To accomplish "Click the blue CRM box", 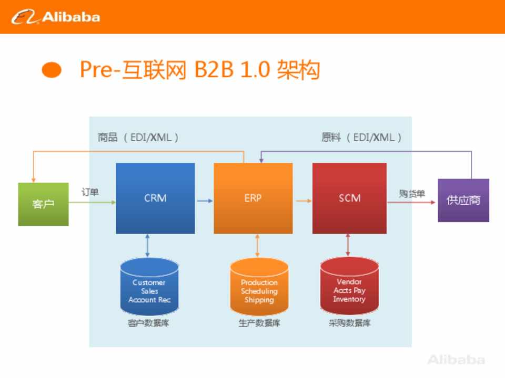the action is (155, 198).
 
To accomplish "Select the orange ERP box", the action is (253, 198).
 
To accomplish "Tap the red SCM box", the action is (349, 198).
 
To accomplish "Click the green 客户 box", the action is (43, 204).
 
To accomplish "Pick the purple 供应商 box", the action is (463, 200).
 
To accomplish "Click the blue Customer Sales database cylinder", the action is (149, 287).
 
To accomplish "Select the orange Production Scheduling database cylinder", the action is (259, 287).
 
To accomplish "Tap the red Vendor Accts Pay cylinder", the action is (349, 286).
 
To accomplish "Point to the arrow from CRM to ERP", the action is (205, 201).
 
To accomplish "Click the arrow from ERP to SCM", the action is (304, 201).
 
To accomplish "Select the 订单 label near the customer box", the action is (90, 192).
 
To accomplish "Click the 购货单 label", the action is (412, 194).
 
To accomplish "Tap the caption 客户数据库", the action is (148, 323).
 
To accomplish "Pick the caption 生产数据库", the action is (259, 323).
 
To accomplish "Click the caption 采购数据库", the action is (349, 323).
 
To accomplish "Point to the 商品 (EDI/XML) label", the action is (138, 138).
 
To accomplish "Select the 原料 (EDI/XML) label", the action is (361, 138).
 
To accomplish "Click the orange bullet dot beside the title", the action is (52, 70).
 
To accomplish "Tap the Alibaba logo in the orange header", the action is (56, 17).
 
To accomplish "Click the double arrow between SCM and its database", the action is (348, 245).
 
